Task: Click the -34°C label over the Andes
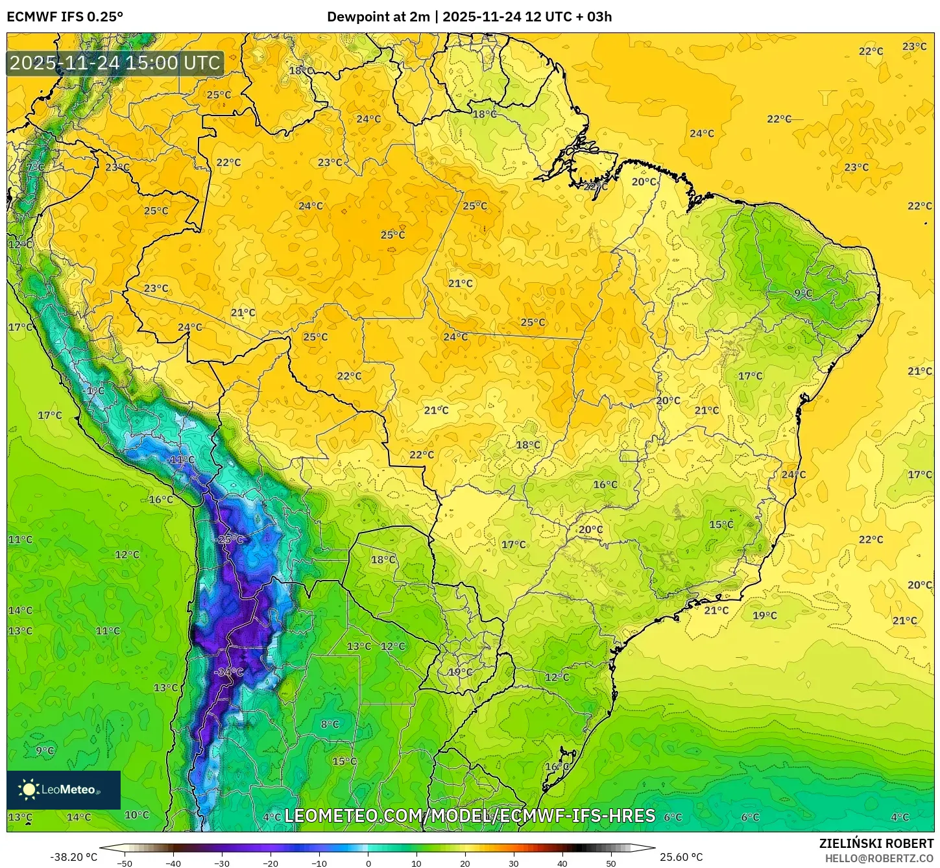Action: pyautogui.click(x=229, y=672)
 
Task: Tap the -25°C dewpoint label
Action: pyautogui.click(x=230, y=539)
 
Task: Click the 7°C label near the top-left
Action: pyautogui.click(x=36, y=167)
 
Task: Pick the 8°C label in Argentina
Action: pyautogui.click(x=330, y=724)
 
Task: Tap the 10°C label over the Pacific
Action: pyautogui.click(x=136, y=815)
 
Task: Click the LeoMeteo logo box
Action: pyautogui.click(x=64, y=790)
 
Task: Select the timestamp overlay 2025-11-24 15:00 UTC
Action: pyautogui.click(x=115, y=63)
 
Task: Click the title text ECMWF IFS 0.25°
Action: pyautogui.click(x=65, y=17)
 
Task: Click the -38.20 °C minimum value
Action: pyautogui.click(x=73, y=857)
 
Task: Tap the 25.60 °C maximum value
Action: pyautogui.click(x=681, y=857)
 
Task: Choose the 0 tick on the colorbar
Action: pyautogui.click(x=368, y=863)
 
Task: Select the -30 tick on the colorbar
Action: pyautogui.click(x=222, y=863)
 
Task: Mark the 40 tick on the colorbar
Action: pyautogui.click(x=562, y=863)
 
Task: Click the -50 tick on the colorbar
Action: pyautogui.click(x=125, y=863)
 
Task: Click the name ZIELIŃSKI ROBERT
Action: pyautogui.click(x=876, y=844)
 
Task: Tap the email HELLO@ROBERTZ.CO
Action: pyautogui.click(x=879, y=858)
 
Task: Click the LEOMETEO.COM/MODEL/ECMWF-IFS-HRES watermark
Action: pyautogui.click(x=470, y=815)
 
